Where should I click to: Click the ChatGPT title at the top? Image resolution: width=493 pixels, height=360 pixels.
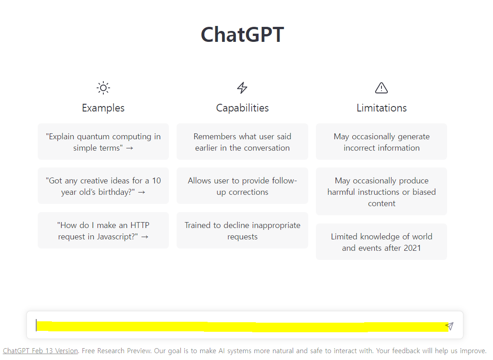click(x=242, y=35)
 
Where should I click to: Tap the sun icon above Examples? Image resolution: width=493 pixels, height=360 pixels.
click(x=103, y=88)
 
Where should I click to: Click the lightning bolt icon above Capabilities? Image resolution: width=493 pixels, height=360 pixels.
click(x=242, y=88)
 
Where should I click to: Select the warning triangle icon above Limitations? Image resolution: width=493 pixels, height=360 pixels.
click(x=381, y=88)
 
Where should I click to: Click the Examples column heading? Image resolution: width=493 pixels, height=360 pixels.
click(x=103, y=108)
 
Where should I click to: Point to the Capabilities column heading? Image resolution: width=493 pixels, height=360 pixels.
click(x=242, y=108)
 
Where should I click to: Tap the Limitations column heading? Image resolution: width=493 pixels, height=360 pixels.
click(x=381, y=108)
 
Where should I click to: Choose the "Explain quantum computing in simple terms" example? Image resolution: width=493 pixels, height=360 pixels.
click(x=103, y=142)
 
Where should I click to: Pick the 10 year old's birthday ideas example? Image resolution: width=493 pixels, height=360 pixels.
click(x=103, y=186)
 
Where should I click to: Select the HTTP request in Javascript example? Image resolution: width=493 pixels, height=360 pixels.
click(x=103, y=230)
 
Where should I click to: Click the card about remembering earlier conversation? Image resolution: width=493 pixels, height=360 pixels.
click(x=242, y=142)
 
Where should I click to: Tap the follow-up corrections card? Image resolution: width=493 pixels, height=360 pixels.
click(x=242, y=186)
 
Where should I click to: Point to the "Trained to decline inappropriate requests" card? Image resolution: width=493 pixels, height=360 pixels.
click(x=242, y=230)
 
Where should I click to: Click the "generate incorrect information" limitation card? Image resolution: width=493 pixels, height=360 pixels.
click(x=381, y=142)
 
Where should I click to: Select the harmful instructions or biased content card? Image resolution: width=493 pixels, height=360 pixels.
click(x=381, y=192)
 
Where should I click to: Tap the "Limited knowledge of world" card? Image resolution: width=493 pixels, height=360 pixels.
click(x=381, y=242)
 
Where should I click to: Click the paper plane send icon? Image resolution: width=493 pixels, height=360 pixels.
click(x=449, y=326)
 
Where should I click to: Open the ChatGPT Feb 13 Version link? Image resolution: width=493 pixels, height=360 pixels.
click(x=41, y=351)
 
